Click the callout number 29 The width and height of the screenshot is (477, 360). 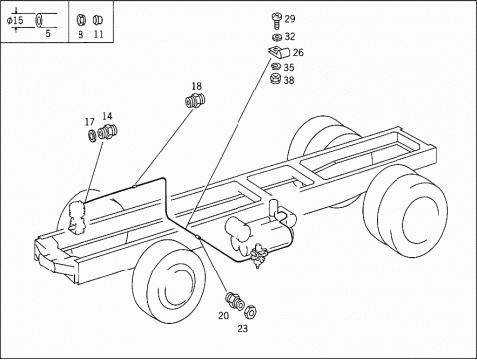pos(290,19)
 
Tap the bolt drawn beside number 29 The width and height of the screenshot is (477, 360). pos(276,21)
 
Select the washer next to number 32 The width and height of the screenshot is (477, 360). pos(277,37)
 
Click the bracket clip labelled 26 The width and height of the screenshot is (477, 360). pos(279,52)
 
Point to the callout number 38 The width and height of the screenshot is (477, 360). pos(289,80)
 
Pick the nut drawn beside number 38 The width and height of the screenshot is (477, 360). pos(275,80)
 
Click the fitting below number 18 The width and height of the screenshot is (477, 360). pos(195,100)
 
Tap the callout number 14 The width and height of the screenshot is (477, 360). pos(107,116)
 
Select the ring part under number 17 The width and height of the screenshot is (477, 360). pos(92,135)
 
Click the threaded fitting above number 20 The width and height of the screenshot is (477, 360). pos(235,301)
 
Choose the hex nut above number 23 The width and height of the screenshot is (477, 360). pos(250,311)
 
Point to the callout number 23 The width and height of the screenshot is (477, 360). pos(242,329)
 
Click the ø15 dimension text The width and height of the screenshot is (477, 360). pos(15,20)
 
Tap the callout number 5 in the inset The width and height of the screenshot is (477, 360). pos(48,34)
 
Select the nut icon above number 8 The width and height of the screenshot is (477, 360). pos(80,20)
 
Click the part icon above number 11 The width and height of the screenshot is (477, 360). pos(97,20)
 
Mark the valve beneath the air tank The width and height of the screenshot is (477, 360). pos(258,255)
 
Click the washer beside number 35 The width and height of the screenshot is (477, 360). pos(276,66)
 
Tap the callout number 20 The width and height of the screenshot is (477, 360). pos(223,316)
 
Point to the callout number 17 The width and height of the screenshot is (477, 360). pos(89,122)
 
